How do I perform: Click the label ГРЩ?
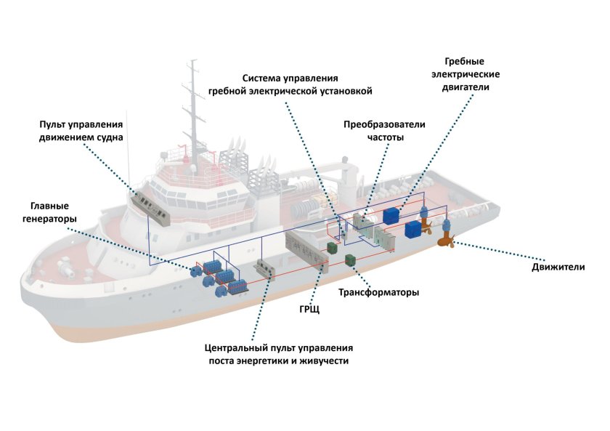309,310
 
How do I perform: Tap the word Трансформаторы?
378,292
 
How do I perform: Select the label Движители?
558,267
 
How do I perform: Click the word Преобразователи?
384,124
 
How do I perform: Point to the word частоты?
385,137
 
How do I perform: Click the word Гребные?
465,62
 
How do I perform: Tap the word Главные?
49,206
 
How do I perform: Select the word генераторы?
49,219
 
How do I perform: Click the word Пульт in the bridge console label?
52,124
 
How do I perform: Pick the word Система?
261,78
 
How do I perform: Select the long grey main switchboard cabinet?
306,251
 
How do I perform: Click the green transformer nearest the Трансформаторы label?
351,259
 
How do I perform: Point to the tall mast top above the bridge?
192,61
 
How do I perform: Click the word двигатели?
465,86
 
